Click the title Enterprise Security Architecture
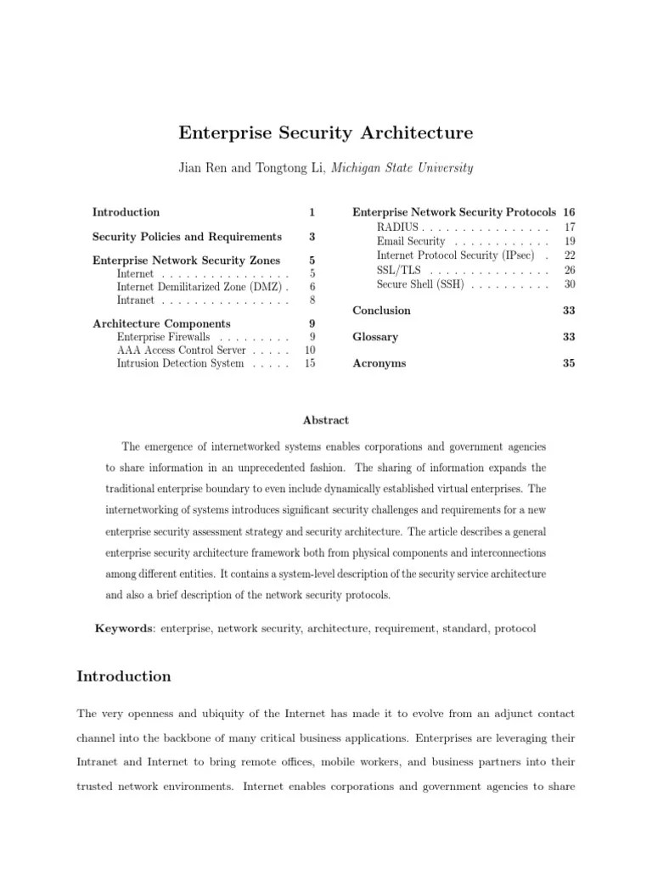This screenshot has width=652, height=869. (x=325, y=133)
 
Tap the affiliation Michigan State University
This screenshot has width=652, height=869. (x=402, y=168)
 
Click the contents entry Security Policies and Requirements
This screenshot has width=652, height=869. (x=187, y=237)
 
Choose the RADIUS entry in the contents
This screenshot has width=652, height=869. (x=397, y=227)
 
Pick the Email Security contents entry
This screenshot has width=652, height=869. (x=411, y=242)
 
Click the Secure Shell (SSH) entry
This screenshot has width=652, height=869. (x=419, y=285)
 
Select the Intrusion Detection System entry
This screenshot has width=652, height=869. (x=180, y=364)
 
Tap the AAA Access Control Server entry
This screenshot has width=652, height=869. (x=181, y=350)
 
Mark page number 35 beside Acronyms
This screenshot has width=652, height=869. (x=569, y=363)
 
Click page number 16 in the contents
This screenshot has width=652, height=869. (x=569, y=212)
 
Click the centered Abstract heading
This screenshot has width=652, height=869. (x=325, y=420)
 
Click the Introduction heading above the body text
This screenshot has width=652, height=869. (x=124, y=676)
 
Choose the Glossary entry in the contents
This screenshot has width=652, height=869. (x=375, y=337)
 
